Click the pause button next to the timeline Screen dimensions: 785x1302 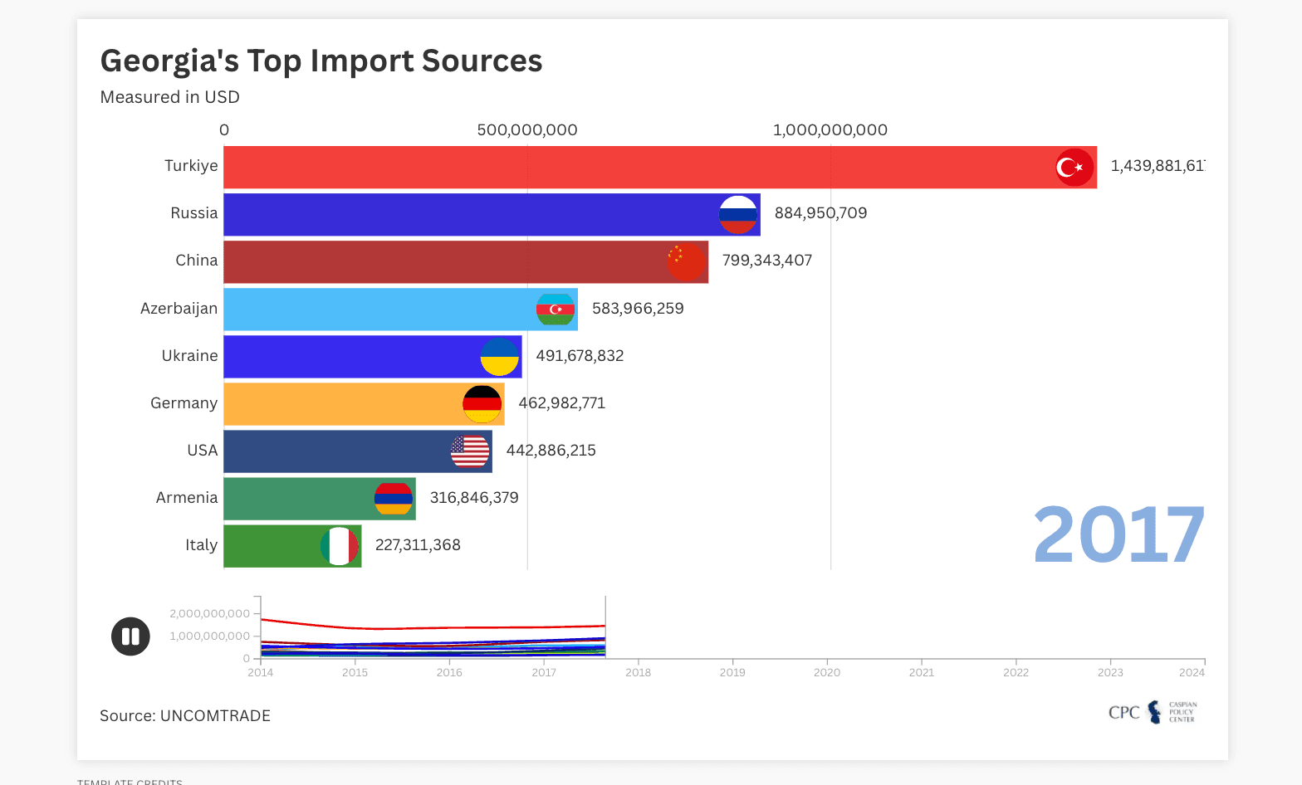[130, 636]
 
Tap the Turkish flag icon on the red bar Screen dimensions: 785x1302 [1074, 168]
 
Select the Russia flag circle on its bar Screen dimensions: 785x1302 [738, 215]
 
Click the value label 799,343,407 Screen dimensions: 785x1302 [766, 261]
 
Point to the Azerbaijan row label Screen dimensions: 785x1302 [179, 309]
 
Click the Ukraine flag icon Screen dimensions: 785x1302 [500, 357]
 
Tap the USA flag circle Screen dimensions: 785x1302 [470, 451]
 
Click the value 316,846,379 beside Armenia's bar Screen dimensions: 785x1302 [473, 498]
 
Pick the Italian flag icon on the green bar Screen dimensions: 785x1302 [340, 546]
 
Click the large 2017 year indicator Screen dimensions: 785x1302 [1118, 536]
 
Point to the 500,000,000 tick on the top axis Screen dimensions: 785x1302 [527, 130]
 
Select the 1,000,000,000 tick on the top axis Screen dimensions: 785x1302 [830, 130]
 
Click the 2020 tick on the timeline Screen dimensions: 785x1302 [826, 672]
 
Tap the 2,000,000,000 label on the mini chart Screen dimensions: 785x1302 [209, 614]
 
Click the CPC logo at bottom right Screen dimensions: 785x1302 [1153, 713]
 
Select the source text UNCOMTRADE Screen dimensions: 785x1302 [215, 716]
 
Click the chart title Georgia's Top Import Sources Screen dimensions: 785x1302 [321, 61]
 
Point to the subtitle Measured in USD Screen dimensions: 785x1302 [169, 97]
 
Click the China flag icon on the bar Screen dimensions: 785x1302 [686, 262]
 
